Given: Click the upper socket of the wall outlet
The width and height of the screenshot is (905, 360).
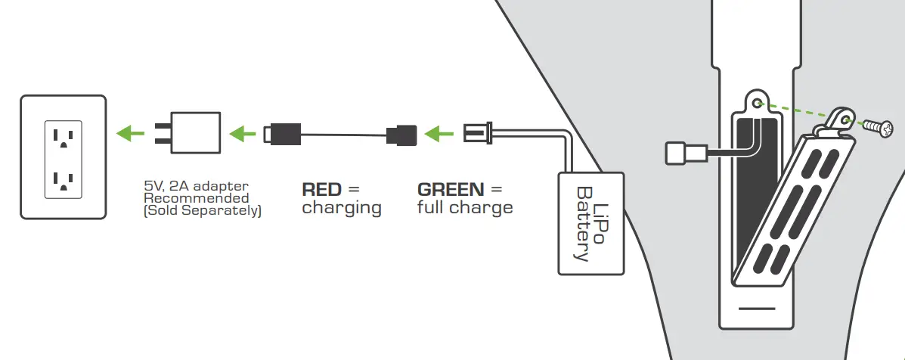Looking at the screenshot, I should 63,137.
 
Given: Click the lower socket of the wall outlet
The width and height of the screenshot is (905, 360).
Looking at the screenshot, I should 63,179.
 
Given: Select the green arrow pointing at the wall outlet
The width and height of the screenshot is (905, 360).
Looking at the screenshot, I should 131,134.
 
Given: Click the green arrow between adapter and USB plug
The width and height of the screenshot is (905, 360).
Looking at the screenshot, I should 243,134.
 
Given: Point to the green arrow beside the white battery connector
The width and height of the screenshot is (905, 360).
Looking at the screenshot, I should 436,135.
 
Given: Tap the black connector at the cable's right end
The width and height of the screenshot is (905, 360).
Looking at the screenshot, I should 401,135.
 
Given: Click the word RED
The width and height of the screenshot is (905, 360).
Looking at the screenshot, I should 322,189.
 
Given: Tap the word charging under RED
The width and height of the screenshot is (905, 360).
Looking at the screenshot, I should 341,208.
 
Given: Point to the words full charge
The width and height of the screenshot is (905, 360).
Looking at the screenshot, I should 464,208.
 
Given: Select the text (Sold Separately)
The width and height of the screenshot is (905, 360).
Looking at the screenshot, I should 202,211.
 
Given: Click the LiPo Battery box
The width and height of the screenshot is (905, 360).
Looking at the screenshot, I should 591,222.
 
